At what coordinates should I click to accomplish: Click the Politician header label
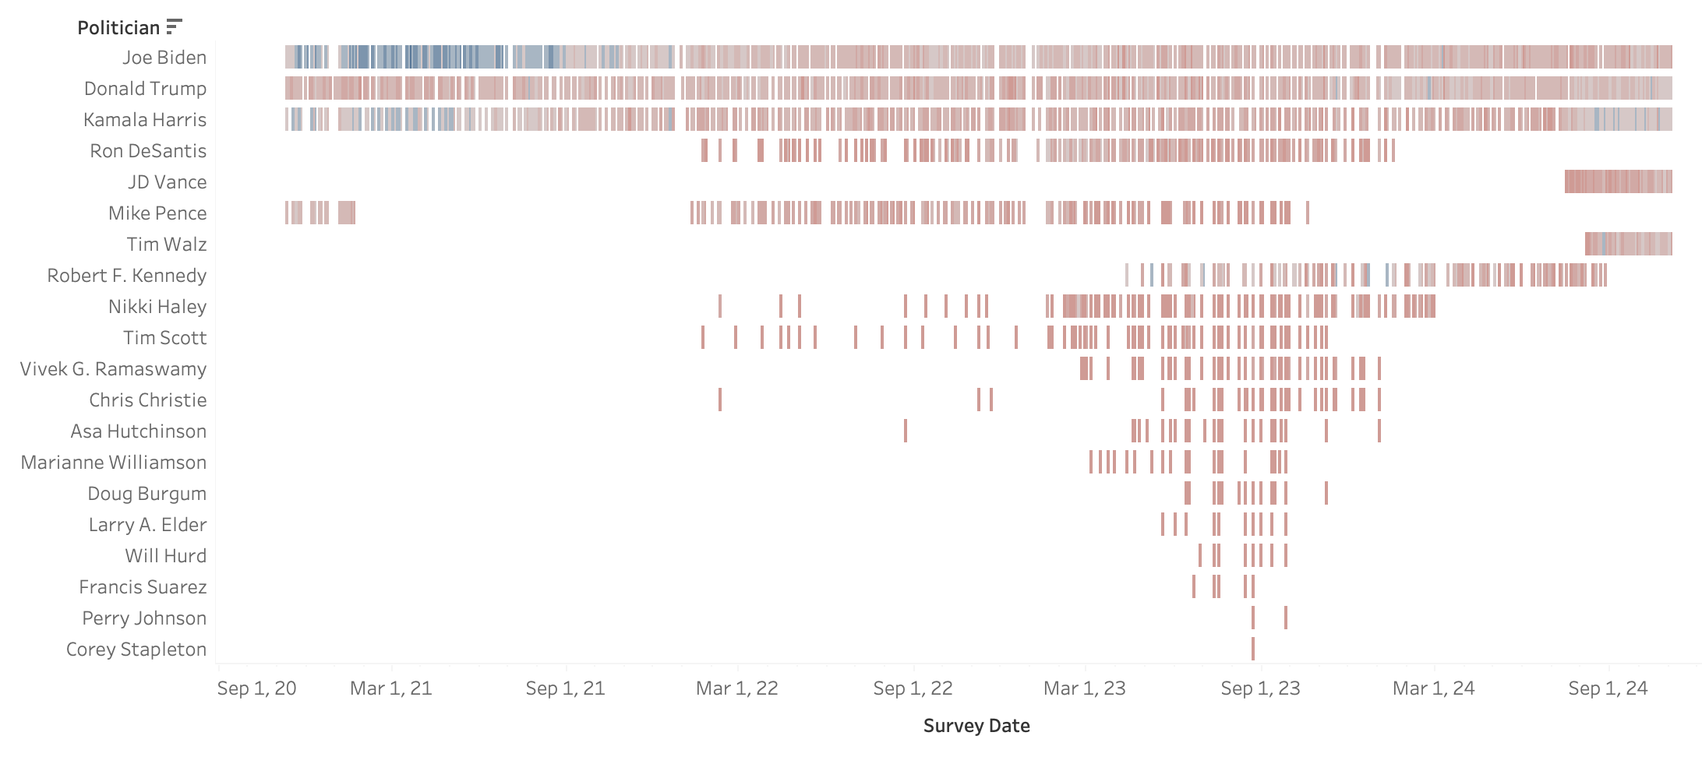(x=118, y=28)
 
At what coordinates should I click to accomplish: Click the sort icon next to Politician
(x=174, y=27)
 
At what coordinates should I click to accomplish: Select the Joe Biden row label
(x=164, y=58)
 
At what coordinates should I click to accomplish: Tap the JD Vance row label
(x=168, y=182)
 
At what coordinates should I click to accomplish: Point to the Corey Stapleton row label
(x=136, y=650)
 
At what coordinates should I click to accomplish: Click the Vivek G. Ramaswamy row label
(x=114, y=369)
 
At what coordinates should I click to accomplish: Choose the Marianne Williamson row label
(x=114, y=463)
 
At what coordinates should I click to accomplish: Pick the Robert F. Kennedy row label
(x=127, y=276)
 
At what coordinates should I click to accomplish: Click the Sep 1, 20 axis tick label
(x=257, y=688)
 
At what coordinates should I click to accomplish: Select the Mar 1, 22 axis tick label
(x=737, y=688)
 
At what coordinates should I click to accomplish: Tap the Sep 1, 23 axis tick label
(x=1260, y=688)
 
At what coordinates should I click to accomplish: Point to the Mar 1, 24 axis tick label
(x=1434, y=688)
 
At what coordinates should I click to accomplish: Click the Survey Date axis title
(x=976, y=726)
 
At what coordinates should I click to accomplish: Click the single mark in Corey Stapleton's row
(x=1253, y=649)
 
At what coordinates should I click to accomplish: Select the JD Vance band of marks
(x=1618, y=181)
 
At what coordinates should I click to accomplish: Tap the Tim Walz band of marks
(x=1628, y=244)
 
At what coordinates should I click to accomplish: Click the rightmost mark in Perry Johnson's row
(x=1286, y=618)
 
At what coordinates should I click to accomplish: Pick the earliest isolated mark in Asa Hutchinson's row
(x=906, y=431)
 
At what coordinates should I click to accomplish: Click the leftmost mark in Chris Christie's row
(x=720, y=400)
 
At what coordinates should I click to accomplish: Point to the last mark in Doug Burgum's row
(x=1326, y=493)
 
